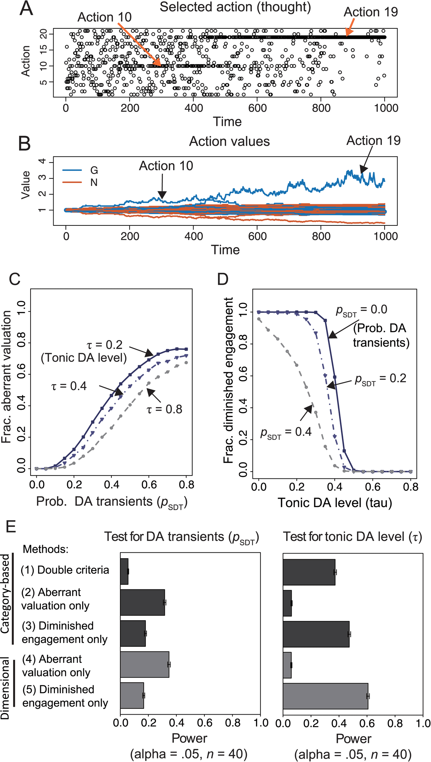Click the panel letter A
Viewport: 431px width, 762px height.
coord(26,9)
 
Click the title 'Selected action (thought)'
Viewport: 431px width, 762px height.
coord(235,7)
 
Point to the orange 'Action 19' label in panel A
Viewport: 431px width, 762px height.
coord(371,12)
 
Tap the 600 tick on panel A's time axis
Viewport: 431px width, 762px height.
coord(258,108)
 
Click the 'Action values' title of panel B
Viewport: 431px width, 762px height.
coord(230,141)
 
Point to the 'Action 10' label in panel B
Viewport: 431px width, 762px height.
coord(166,166)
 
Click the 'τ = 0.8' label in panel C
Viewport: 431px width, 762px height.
coord(164,409)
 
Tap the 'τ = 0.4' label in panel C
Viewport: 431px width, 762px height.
coord(69,386)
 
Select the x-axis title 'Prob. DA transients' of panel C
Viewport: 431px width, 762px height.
coord(112,502)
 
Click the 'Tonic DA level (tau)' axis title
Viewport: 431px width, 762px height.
coord(335,502)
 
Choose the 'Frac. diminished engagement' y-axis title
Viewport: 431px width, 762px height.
coord(228,380)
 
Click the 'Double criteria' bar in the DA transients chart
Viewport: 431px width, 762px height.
coord(124,571)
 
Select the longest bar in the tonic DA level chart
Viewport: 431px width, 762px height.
coord(325,696)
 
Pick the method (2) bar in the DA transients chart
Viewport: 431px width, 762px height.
coord(143,602)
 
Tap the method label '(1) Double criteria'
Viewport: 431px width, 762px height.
coord(65,570)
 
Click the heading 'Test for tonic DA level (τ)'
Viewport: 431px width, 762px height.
coord(352,537)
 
